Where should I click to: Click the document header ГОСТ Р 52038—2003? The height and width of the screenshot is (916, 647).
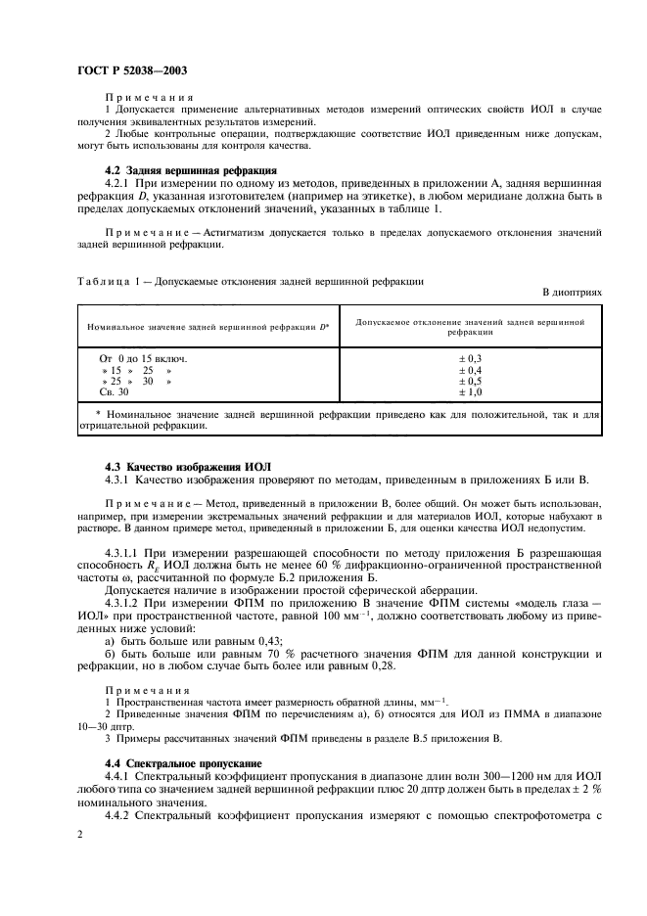click(131, 69)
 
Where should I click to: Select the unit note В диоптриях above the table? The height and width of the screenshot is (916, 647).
click(571, 293)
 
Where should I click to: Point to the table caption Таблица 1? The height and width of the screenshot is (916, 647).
click(105, 281)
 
